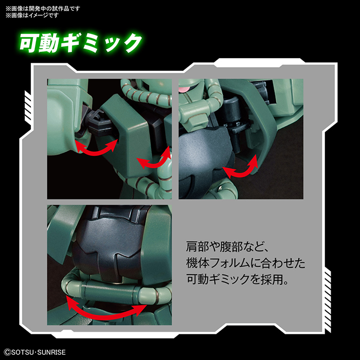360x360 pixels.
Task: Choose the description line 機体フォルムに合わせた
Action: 245,264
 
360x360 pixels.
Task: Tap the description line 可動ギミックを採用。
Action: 237,281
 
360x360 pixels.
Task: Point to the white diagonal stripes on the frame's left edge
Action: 29,113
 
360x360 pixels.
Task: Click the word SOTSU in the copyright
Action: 23,352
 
